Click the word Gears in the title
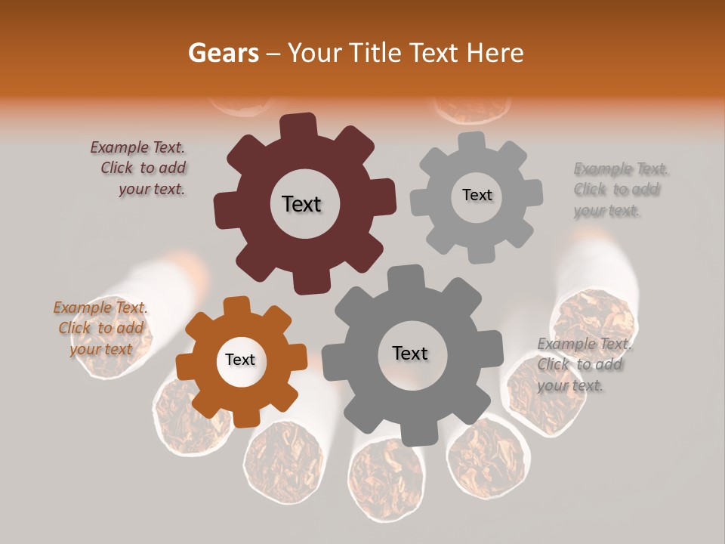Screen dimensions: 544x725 pos(223,53)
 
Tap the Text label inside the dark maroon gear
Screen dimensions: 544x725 pos(301,204)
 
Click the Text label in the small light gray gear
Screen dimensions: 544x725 pos(477,195)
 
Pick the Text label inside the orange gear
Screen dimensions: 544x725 pos(239,360)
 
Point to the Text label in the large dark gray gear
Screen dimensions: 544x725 pos(409,353)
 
